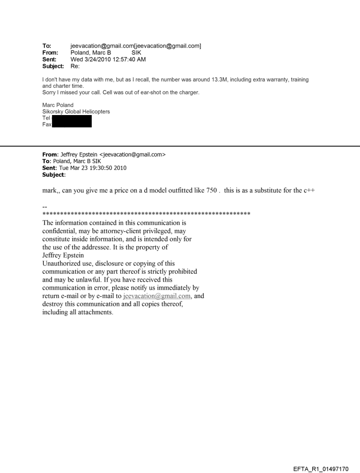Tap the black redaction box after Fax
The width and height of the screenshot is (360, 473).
tap(71, 124)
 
